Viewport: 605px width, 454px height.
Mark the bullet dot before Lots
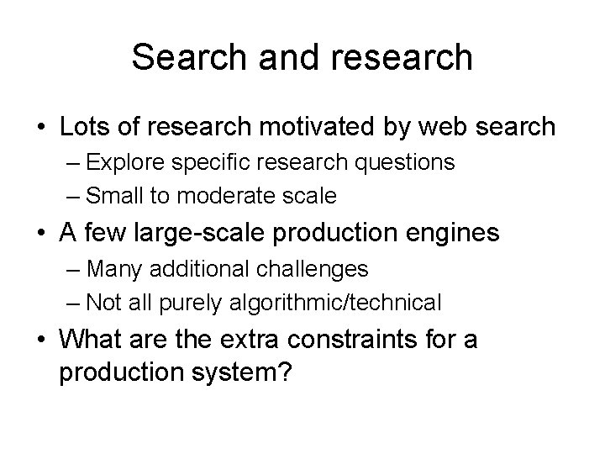(x=41, y=128)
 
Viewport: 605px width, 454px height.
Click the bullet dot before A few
(x=41, y=234)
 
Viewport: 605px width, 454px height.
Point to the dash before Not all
(x=74, y=302)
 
